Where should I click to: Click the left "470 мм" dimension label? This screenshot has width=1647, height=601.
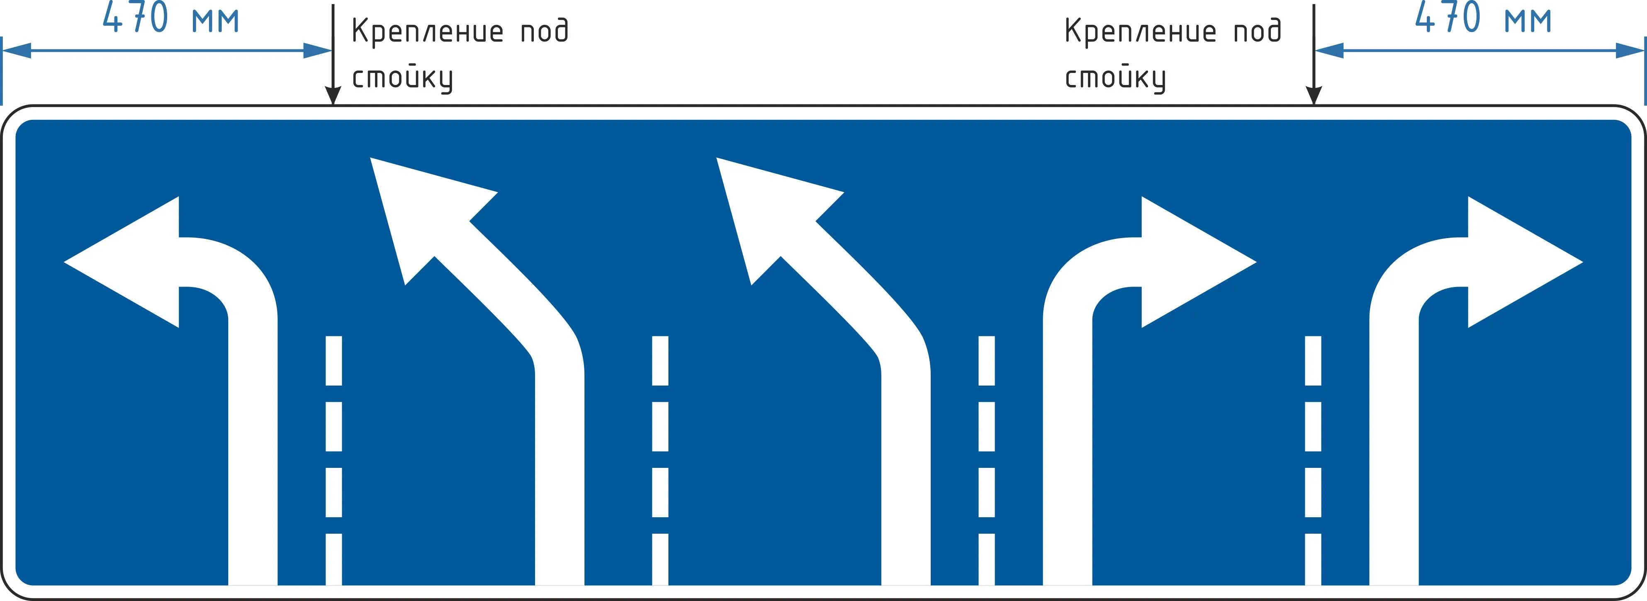click(x=171, y=17)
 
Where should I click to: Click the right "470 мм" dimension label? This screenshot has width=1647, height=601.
click(x=1483, y=17)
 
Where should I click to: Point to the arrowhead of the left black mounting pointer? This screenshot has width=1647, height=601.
click(x=333, y=95)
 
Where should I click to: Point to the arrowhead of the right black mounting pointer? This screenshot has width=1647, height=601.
click(x=1314, y=95)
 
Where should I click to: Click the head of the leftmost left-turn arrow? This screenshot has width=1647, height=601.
click(x=122, y=262)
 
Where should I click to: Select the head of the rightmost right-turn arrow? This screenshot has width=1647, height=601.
click(x=1525, y=262)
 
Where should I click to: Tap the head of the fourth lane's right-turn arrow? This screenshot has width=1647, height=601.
click(x=1199, y=262)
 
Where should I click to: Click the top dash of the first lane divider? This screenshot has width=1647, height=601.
click(x=334, y=360)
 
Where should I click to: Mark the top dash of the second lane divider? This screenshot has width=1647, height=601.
click(x=660, y=360)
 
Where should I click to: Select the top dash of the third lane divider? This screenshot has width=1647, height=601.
click(x=987, y=360)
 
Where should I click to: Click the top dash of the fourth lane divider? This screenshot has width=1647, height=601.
click(x=1313, y=360)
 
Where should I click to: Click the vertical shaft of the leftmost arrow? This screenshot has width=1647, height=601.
click(x=253, y=451)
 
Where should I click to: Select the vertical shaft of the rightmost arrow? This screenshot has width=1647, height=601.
click(x=1394, y=451)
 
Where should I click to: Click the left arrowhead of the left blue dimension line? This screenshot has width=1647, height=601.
click(x=17, y=51)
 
